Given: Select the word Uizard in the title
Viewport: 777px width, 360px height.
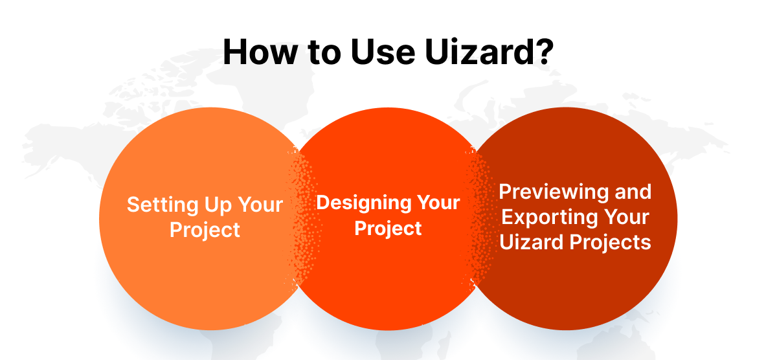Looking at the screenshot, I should (x=469, y=52).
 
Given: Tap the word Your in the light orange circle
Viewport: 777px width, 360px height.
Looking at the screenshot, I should (x=259, y=205).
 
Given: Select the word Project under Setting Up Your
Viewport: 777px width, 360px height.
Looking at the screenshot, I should (x=205, y=230).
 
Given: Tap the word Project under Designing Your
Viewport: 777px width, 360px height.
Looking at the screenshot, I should (x=388, y=228).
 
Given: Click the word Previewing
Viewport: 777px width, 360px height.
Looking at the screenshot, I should (x=554, y=192).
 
